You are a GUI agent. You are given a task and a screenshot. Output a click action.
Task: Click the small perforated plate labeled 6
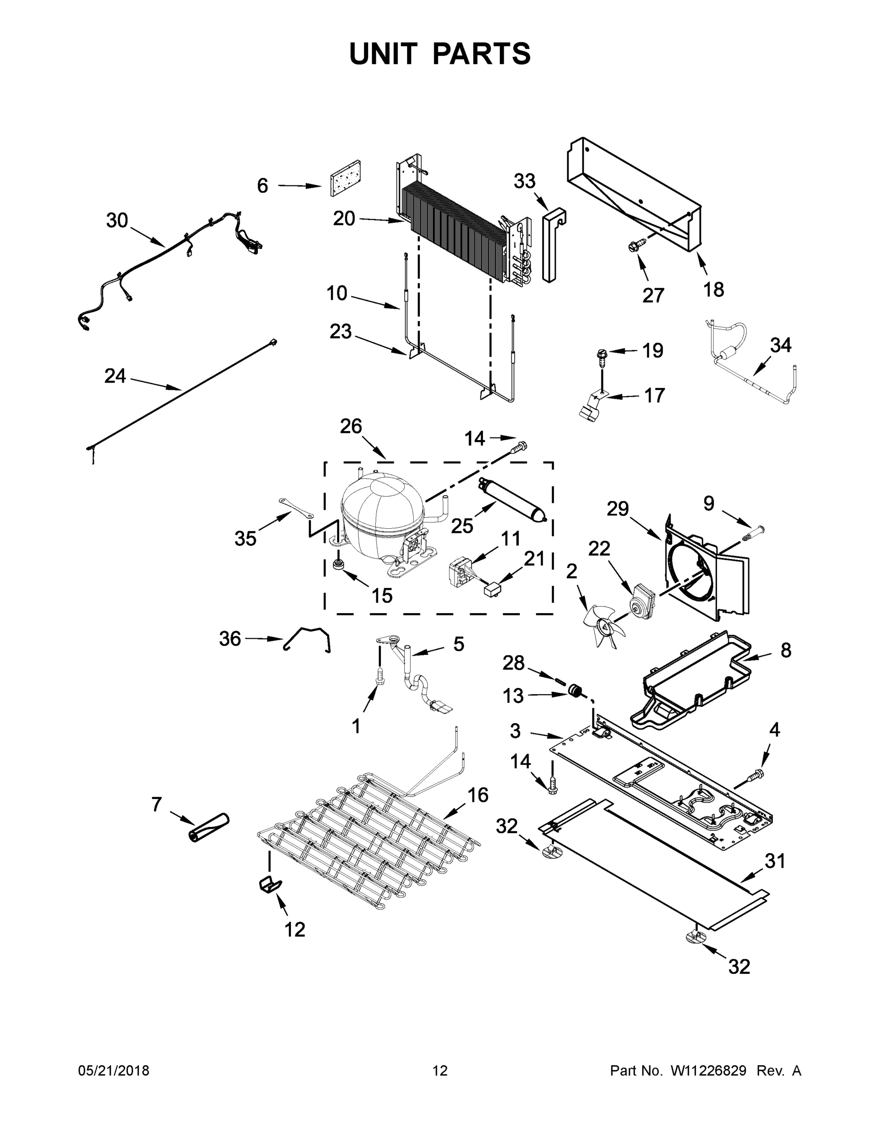point(346,178)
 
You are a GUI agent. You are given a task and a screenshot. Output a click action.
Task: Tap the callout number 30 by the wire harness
point(117,220)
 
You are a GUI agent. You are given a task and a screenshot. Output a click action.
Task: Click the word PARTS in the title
point(482,54)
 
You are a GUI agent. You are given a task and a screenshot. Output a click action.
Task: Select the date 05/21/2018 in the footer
point(114,1071)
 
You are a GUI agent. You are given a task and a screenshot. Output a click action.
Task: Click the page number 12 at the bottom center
point(440,1071)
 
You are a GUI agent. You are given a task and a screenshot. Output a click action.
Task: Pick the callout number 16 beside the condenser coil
point(478,795)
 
